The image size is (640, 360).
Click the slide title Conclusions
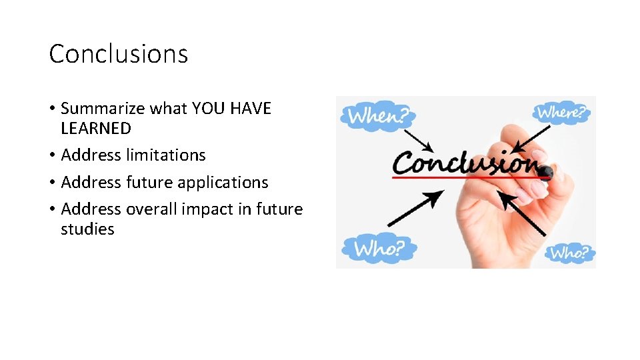tap(119, 54)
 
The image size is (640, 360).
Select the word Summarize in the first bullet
tap(103, 109)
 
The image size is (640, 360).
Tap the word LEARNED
tap(96, 128)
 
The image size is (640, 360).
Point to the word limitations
tap(165, 155)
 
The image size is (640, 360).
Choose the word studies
tap(87, 229)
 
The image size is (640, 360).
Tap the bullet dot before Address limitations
tap(52, 155)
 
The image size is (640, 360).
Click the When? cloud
tap(377, 116)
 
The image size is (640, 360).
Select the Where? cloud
tap(563, 112)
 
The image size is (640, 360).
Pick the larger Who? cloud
tap(379, 249)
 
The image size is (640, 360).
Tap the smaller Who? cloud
tap(570, 253)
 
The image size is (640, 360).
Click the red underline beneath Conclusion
tap(467, 178)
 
